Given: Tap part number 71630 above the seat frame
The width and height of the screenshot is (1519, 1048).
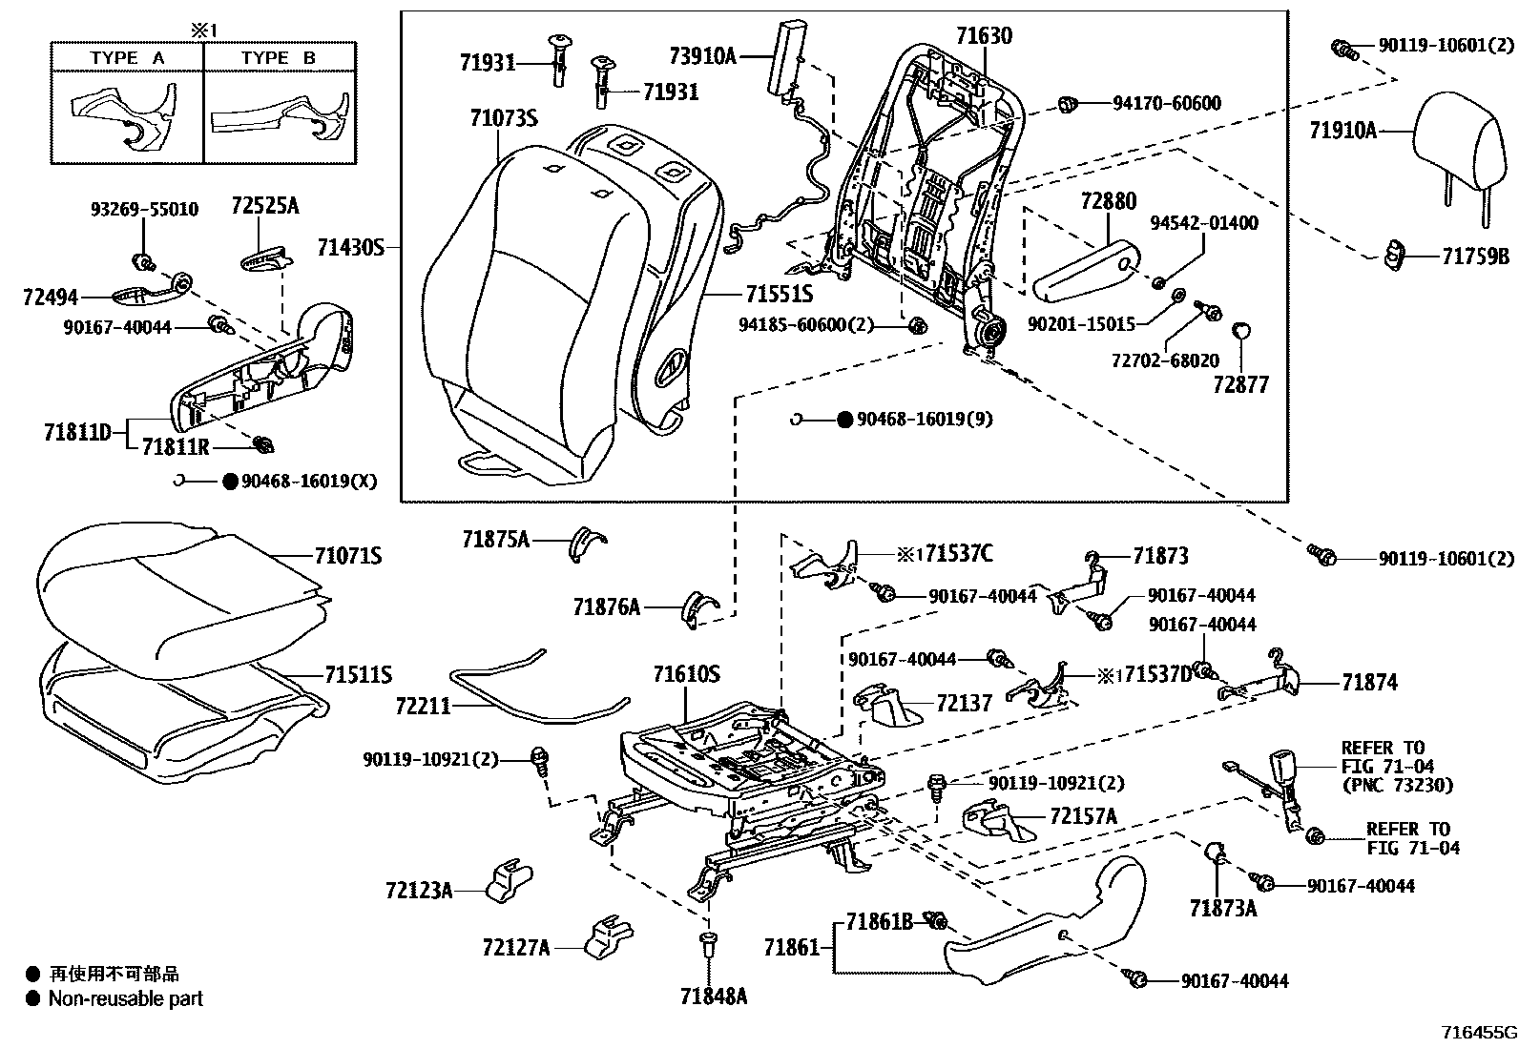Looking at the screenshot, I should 984,36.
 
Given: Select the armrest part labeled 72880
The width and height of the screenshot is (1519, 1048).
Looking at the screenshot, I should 1083,262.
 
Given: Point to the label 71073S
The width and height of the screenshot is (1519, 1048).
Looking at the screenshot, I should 503,118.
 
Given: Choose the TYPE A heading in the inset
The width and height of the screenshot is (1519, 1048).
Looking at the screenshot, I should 127,58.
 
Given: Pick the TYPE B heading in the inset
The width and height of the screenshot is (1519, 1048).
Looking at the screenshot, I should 278,58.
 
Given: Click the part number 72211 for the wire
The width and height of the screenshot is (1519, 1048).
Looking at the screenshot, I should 423,707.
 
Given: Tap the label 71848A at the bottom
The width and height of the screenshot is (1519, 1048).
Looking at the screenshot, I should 713,997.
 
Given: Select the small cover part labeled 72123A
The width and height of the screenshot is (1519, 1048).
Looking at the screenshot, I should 510,882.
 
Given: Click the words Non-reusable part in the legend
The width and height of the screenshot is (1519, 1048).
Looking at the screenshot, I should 126,999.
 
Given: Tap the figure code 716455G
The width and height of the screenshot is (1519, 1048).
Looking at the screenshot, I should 1478,1033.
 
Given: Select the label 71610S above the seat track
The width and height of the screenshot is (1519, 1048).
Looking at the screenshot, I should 686,675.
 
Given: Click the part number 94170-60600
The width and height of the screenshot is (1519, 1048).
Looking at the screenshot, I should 1166,103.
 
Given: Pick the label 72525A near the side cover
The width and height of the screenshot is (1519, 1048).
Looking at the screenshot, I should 264,206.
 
